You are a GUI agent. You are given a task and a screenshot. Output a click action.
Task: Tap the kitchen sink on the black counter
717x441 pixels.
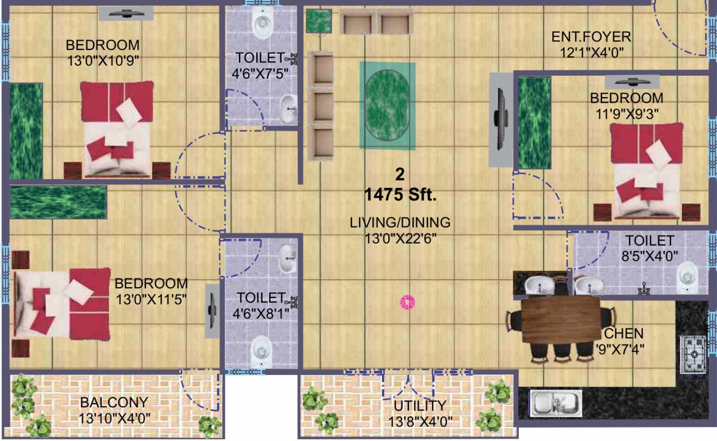click(x=556, y=403)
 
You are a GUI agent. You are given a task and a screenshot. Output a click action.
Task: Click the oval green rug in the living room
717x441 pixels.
click(x=387, y=105)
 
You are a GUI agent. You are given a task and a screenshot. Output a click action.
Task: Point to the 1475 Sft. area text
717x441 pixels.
click(x=400, y=195)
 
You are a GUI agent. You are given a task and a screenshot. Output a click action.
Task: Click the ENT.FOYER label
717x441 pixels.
click(x=591, y=38)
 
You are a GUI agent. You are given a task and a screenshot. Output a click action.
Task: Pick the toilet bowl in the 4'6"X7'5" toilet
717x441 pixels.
click(x=262, y=24)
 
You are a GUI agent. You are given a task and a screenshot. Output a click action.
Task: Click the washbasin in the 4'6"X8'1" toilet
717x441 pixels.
click(x=287, y=260)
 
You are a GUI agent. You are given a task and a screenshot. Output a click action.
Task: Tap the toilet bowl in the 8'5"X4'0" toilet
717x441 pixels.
click(x=688, y=276)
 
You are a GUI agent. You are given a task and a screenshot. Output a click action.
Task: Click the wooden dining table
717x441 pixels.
click(x=560, y=321)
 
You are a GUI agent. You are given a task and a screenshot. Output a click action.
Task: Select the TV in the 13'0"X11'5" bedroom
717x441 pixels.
click(x=212, y=311)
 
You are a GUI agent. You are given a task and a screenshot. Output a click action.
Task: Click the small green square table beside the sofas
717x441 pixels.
click(x=318, y=21)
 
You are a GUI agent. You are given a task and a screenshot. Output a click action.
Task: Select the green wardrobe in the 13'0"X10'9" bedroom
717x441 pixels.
click(x=26, y=130)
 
